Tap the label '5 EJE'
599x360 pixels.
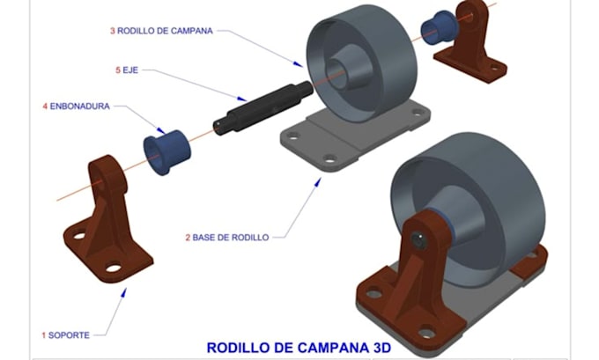click(x=128, y=69)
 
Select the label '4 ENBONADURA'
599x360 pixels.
click(x=77, y=107)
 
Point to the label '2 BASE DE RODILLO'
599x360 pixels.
click(x=226, y=237)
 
